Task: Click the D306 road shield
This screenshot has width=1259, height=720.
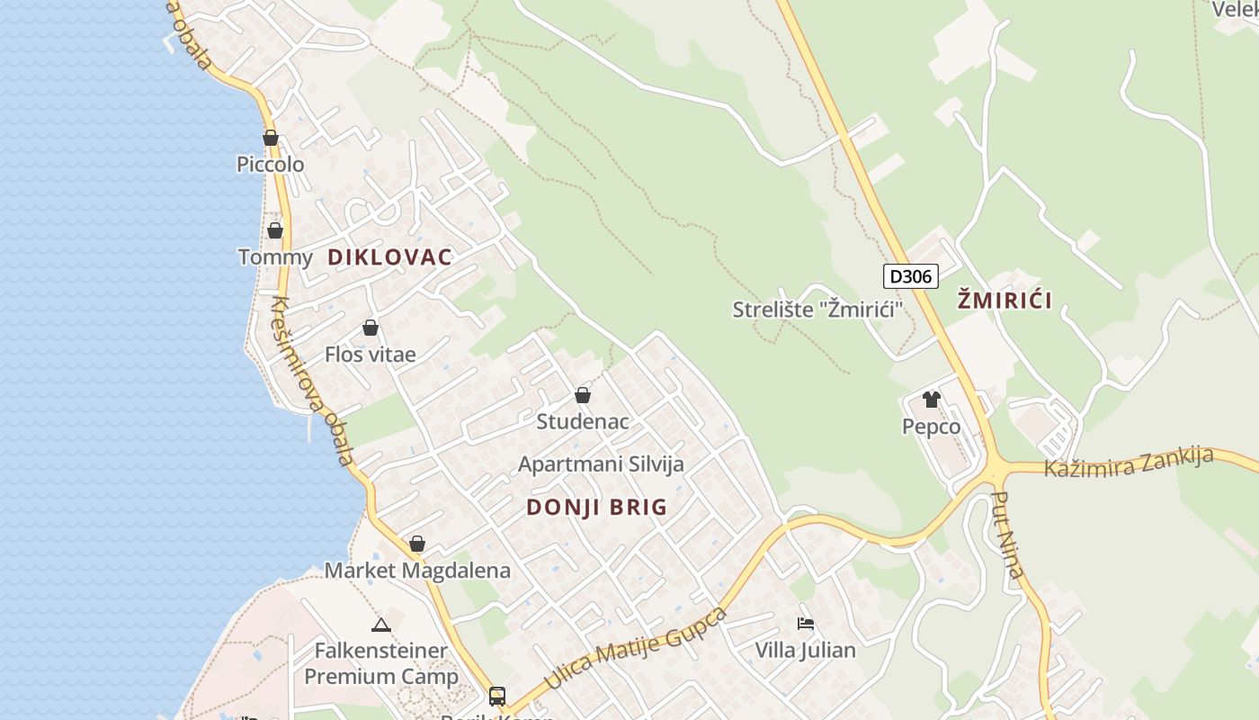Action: tap(910, 276)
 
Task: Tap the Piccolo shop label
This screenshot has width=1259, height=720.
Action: tap(270, 165)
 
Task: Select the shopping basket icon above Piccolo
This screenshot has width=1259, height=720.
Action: tap(270, 138)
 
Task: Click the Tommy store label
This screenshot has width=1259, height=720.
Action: tap(275, 257)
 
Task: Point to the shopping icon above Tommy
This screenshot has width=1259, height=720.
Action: tap(275, 230)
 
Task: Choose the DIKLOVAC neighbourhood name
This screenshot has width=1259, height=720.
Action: tap(389, 257)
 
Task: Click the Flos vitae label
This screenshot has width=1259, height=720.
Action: tap(371, 355)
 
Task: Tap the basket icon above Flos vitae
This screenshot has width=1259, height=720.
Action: tap(371, 328)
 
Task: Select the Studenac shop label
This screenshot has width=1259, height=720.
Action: tap(583, 421)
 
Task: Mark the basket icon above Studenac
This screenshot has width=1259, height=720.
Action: tap(583, 395)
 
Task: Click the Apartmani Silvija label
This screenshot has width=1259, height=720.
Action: tap(601, 464)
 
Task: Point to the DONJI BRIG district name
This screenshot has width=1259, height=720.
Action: tap(597, 508)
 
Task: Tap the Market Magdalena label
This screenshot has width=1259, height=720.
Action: tap(417, 571)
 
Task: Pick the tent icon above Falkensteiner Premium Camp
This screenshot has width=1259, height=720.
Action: tap(380, 625)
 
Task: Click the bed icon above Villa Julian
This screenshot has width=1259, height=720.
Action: tap(806, 623)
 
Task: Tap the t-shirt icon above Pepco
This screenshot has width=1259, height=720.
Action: tap(931, 400)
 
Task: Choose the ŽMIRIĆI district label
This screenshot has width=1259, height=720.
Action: tap(1005, 301)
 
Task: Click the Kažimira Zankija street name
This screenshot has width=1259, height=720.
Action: tap(1129, 463)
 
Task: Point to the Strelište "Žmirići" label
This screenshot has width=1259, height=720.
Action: tap(817, 310)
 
